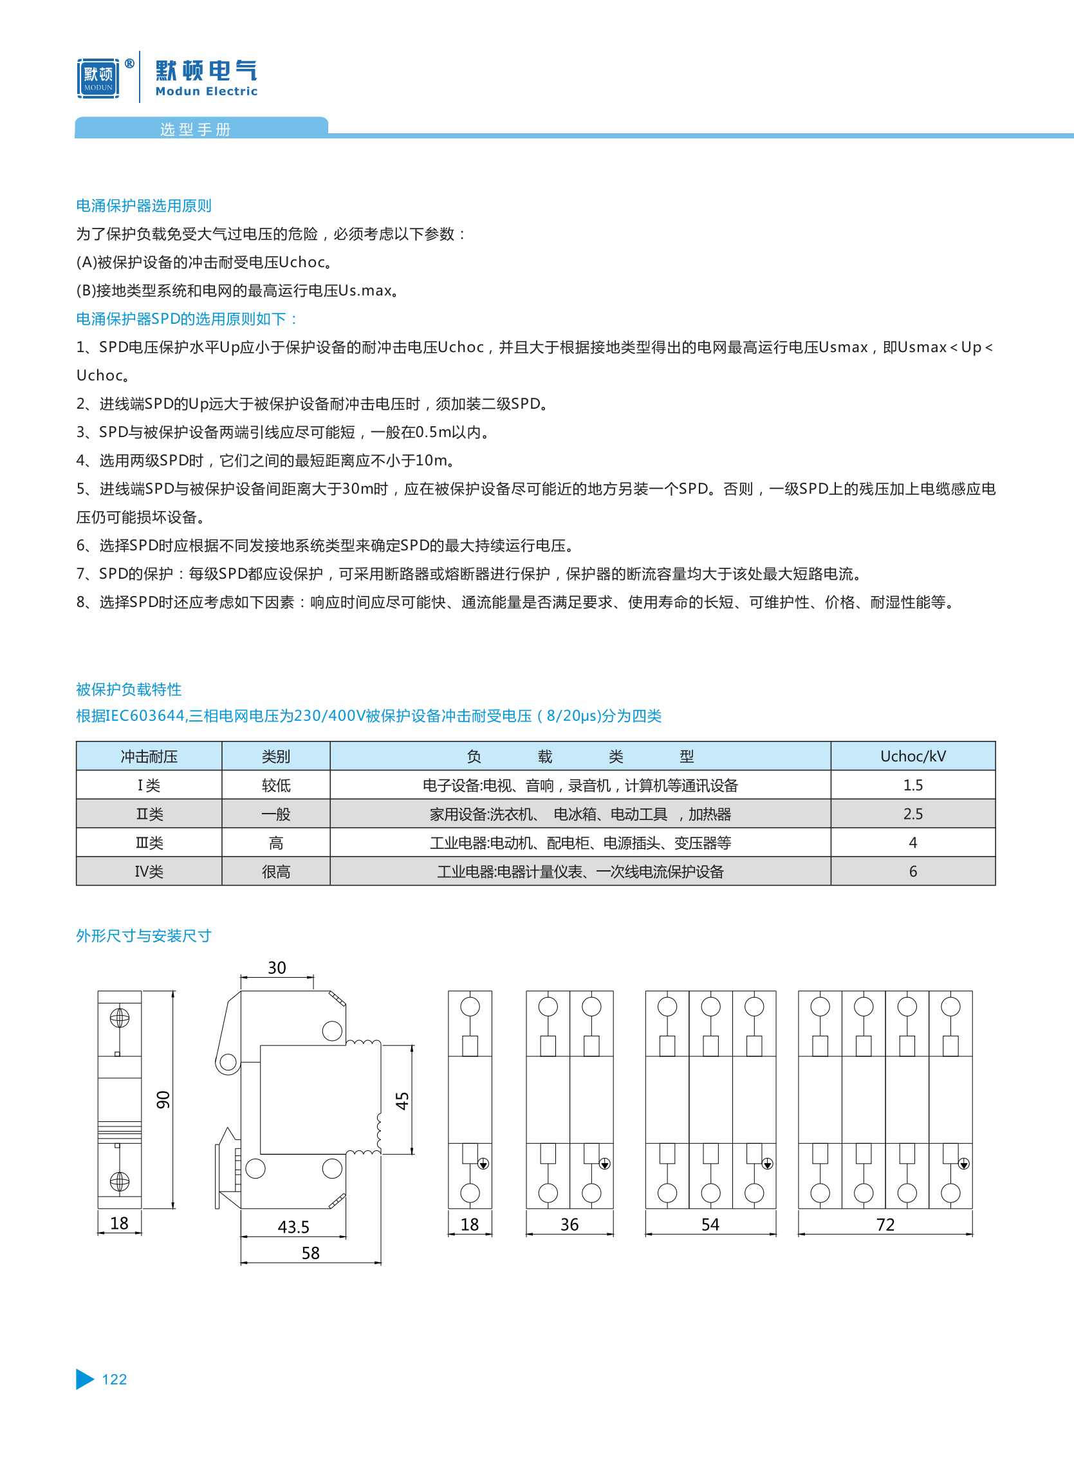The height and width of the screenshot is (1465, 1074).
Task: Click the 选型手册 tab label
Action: point(195,129)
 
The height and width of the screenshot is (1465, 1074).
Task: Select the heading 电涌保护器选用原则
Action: point(144,205)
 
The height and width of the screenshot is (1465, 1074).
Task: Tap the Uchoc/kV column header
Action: point(912,756)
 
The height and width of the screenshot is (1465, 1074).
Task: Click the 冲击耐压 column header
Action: point(149,756)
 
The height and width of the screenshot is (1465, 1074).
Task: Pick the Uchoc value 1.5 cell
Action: point(912,785)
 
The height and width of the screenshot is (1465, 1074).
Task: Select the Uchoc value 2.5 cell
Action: point(912,814)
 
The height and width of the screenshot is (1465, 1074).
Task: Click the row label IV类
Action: point(149,872)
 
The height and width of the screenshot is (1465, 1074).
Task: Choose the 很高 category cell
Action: point(275,872)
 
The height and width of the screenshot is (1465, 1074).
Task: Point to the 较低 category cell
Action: point(275,785)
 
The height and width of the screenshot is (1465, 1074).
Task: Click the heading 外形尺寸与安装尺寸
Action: point(144,935)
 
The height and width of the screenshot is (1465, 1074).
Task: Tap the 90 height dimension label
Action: point(163,1099)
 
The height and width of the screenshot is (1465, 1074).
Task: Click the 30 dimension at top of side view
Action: point(277,967)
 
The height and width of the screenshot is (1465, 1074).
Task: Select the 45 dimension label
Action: point(402,1100)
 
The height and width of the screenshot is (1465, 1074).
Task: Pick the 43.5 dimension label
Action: point(293,1226)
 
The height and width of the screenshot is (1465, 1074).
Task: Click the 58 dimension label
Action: point(311,1253)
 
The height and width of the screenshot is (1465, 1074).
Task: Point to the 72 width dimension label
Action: point(885,1224)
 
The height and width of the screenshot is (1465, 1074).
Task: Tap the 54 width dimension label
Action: point(710,1224)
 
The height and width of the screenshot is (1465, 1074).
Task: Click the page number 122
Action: point(115,1379)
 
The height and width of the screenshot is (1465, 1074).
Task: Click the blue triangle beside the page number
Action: point(84,1379)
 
